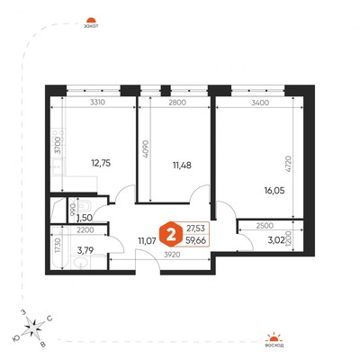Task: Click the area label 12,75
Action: pyautogui.click(x=100, y=164)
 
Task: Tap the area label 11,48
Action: pyautogui.click(x=171, y=164)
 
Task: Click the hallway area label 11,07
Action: pyautogui.click(x=147, y=240)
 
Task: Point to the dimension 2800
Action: pyautogui.click(x=175, y=103)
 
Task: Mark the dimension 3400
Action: pyautogui.click(x=257, y=103)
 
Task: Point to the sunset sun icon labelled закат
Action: pyautogui.click(x=89, y=19)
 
